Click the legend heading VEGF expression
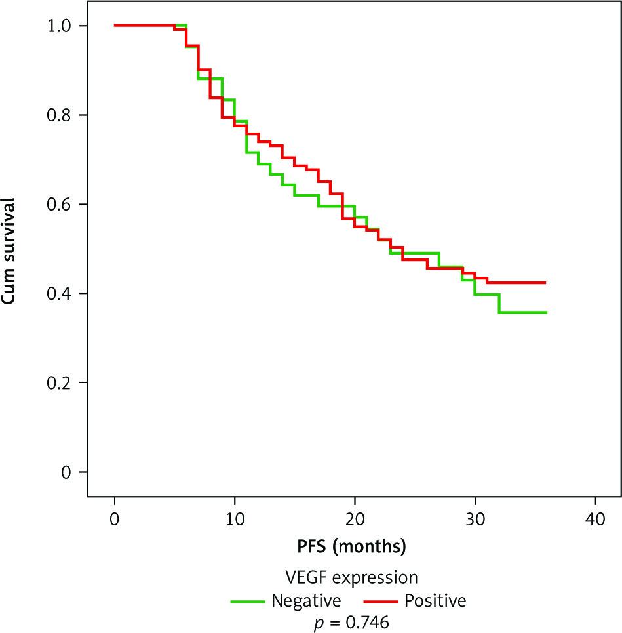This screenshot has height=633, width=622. (x=352, y=578)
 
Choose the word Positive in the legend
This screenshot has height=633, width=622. (x=435, y=600)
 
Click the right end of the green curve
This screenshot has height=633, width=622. (x=546, y=312)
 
